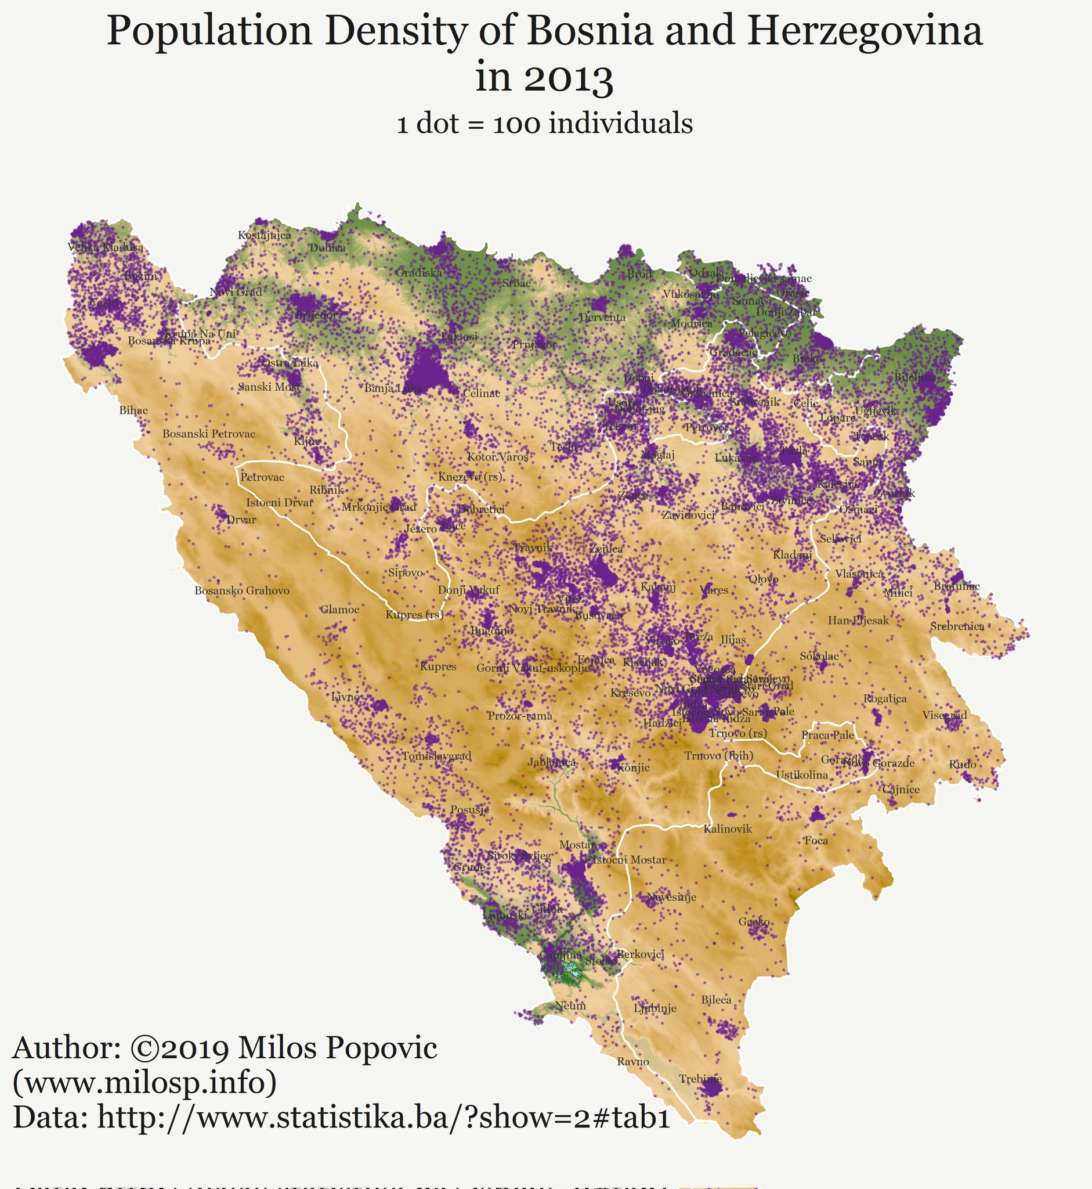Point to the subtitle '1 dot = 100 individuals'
pos(544,124)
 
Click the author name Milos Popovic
pos(338,1049)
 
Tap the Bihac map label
pos(133,410)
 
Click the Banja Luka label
pos(393,388)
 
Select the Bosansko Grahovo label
pos(243,590)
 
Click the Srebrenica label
pos(957,626)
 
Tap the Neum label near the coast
pos(570,1006)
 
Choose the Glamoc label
pos(340,610)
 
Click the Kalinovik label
pos(728,829)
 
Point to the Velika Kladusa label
pos(105,247)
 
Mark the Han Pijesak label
pos(858,620)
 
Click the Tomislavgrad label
pos(437,756)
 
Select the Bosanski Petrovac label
pos(209,434)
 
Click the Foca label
pos(816,841)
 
